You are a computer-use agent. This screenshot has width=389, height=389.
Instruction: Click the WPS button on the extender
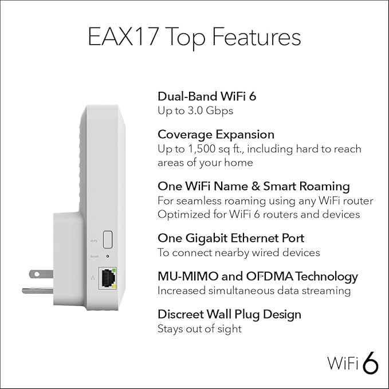tap(107, 238)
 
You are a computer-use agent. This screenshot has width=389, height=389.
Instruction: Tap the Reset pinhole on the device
tap(107, 258)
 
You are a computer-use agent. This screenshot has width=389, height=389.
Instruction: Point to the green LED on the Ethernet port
tap(115, 270)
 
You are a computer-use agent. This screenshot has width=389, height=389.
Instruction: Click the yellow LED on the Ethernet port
tap(115, 285)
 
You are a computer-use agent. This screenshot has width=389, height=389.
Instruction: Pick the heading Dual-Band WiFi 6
tap(206, 96)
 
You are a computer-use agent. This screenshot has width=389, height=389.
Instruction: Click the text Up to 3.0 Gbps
tap(195, 110)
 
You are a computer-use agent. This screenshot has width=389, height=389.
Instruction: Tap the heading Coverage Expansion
tap(215, 134)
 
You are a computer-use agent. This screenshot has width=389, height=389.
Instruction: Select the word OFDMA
tap(268, 276)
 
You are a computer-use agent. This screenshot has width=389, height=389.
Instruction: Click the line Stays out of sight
tap(199, 329)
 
